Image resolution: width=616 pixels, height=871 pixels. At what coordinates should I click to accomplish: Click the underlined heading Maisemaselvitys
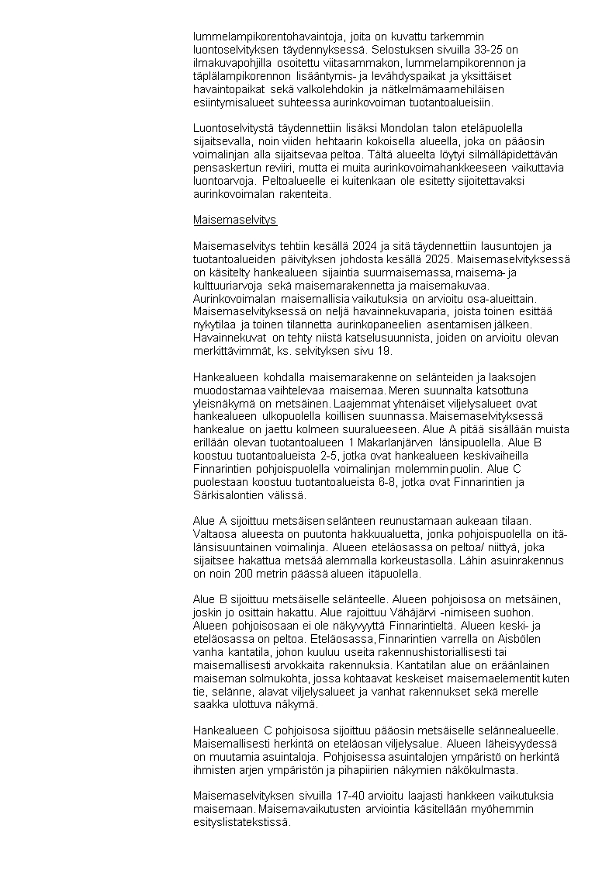(x=234, y=220)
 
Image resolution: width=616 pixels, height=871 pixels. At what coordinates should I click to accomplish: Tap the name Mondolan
(x=382, y=127)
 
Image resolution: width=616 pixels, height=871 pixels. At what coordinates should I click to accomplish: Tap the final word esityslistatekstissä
(x=240, y=823)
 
